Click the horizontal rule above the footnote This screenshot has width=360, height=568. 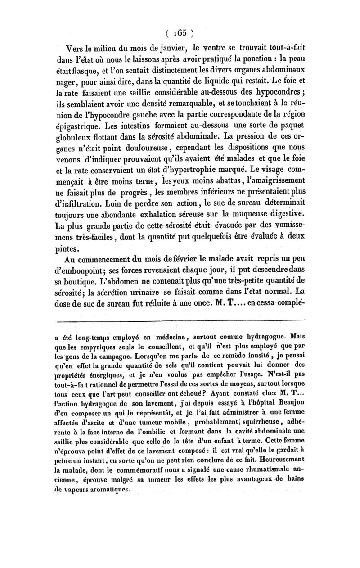pos(180,320)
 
